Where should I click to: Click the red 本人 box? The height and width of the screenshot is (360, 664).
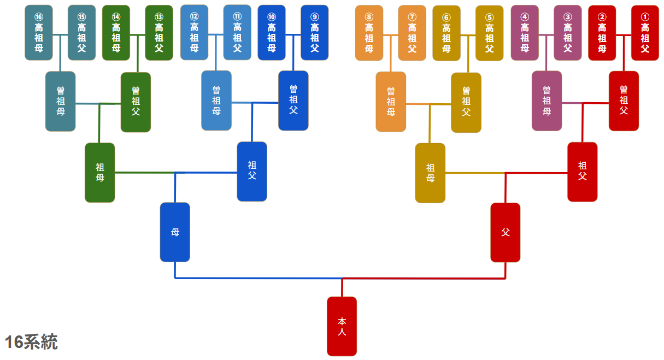342,326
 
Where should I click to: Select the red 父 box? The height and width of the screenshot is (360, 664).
505,232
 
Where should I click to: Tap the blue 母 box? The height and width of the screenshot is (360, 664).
175,232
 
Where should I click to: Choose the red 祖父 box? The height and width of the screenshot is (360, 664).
582,172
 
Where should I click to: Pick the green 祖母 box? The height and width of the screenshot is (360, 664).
100,172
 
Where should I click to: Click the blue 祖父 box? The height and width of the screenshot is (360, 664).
252,171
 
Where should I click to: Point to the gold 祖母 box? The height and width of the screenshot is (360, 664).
430,173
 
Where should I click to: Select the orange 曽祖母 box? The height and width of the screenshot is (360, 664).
391,102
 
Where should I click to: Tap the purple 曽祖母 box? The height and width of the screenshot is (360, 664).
547,101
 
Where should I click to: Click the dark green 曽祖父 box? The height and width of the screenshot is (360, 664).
136,102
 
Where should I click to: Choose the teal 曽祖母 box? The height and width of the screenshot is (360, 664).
60,101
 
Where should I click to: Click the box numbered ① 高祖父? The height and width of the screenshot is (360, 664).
645,33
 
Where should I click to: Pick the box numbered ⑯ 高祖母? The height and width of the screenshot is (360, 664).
39,33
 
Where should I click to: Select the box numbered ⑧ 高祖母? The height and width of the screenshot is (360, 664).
369,33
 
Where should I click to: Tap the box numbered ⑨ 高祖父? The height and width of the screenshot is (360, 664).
314,33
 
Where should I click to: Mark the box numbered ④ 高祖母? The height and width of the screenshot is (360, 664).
525,33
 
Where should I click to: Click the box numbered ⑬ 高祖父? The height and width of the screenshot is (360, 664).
159,33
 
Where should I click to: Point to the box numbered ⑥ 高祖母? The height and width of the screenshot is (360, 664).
446,33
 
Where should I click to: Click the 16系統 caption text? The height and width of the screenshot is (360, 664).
31,343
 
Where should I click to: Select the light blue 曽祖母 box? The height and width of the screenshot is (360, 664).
216,101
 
